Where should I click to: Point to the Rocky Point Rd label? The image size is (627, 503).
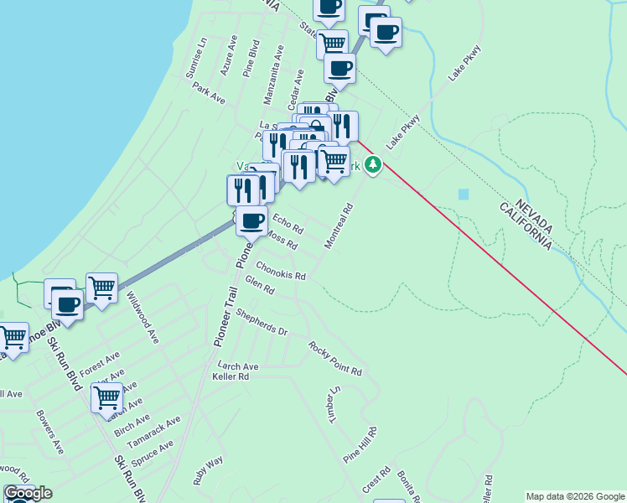click(x=334, y=359)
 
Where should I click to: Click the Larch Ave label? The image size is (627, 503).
click(x=237, y=366)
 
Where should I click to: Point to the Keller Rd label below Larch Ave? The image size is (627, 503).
click(x=231, y=377)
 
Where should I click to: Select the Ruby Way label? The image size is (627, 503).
click(x=208, y=470)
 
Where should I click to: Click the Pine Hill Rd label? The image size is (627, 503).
click(x=361, y=445)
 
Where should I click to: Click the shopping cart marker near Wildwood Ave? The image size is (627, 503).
click(x=101, y=288)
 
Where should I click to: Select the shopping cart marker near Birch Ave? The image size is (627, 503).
click(x=106, y=397)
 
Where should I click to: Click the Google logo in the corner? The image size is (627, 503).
click(x=27, y=494)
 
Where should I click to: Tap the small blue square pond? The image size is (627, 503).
click(x=464, y=194)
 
